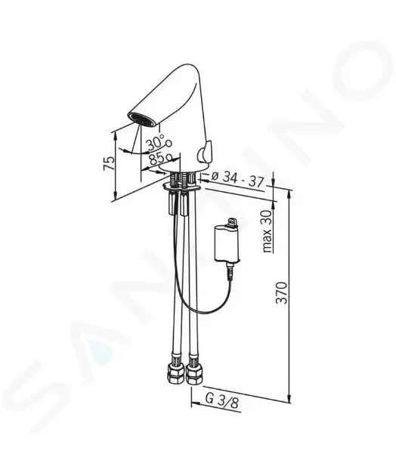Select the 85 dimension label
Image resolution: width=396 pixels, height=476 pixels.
click(160, 157)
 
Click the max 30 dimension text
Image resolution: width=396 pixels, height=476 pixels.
click(268, 231)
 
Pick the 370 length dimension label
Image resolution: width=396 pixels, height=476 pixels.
click(282, 292)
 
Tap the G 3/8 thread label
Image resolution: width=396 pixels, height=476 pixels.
click(222, 400)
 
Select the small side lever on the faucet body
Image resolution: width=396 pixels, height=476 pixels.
click(205, 151)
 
